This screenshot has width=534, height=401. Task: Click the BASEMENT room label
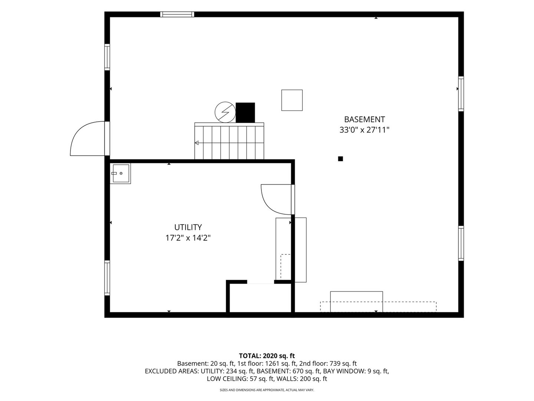[364, 119]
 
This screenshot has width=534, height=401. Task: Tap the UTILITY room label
[188, 227]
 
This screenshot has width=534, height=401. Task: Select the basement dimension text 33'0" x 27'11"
[364, 130]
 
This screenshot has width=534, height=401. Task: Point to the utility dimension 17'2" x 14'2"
[188, 238]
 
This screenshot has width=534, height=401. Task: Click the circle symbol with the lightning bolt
[225, 112]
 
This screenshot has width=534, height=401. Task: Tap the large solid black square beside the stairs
[245, 113]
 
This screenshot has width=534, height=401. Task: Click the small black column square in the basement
[340, 159]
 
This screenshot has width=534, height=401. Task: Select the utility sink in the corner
[120, 173]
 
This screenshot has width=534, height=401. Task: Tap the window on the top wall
[177, 14]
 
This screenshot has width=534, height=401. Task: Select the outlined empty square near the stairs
[292, 100]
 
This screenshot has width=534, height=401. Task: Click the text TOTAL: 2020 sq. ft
[267, 356]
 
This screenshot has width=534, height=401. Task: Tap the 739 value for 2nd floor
[335, 363]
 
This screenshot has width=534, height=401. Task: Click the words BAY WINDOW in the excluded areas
[343, 371]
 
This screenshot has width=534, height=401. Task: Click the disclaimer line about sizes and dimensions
[267, 390]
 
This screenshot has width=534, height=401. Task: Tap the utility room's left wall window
[107, 278]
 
